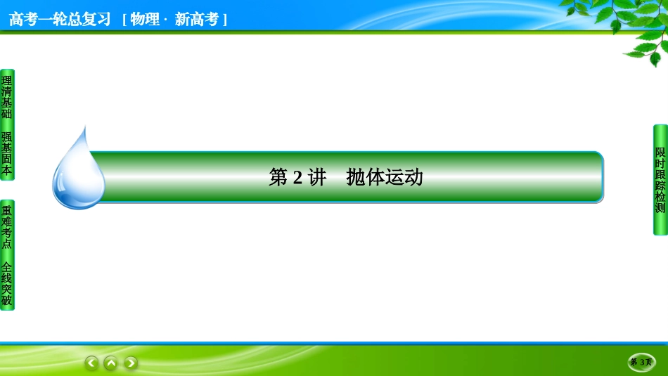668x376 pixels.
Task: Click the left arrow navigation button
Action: point(91,363)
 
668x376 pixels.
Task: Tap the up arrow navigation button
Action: point(111,363)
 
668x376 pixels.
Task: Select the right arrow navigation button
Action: point(131,363)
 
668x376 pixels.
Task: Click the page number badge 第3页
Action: point(641,362)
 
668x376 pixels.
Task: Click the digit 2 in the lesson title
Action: point(297,177)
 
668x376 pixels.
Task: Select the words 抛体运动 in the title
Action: point(385,177)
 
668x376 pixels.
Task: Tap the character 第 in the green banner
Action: point(278,177)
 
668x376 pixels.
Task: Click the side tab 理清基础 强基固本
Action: point(7,125)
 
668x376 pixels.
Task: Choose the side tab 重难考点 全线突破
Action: point(7,255)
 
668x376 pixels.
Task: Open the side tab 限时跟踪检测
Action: point(660,180)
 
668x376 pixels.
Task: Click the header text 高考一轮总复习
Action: point(60,19)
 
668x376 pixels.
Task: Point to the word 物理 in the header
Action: point(145,19)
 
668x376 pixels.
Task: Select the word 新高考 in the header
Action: point(196,19)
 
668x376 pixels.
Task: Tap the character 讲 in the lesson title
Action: point(317,177)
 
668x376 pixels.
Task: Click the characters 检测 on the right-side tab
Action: point(660,202)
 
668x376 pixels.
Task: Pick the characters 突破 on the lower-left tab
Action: point(6,295)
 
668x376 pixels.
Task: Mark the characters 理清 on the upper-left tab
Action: point(6,86)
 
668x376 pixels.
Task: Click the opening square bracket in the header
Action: point(124,20)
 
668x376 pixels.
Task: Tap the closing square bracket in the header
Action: point(224,20)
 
